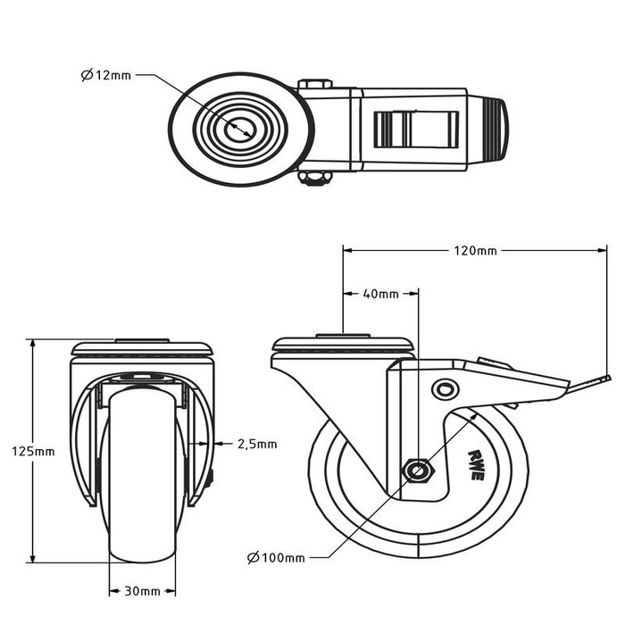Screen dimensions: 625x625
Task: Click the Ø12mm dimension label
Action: click(x=105, y=76)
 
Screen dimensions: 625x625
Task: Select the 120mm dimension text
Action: click(x=473, y=251)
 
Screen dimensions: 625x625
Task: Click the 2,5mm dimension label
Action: click(x=257, y=443)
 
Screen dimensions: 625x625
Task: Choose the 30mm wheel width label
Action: click(x=143, y=591)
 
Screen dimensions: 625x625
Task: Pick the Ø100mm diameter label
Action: click(x=276, y=558)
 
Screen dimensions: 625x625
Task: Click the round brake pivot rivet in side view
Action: click(x=444, y=389)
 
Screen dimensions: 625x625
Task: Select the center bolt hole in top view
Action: click(x=240, y=128)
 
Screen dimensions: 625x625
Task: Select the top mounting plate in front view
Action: click(x=143, y=347)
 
